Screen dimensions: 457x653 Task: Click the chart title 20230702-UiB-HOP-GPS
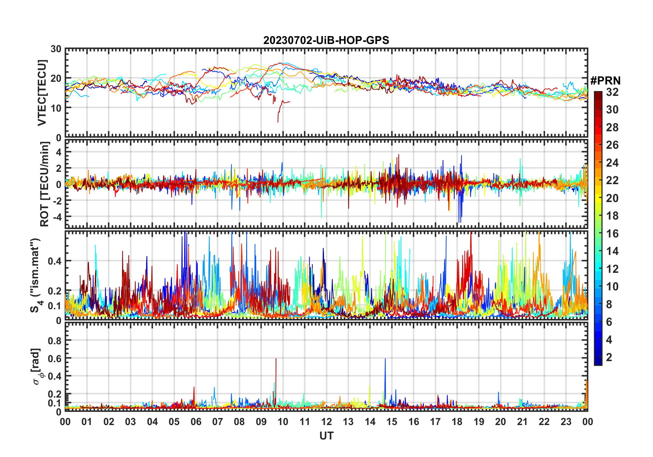coord(326,40)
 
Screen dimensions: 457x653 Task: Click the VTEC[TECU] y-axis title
coord(42,93)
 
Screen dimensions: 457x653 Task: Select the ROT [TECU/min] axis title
coord(44,184)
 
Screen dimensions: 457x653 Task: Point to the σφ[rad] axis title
coord(37,366)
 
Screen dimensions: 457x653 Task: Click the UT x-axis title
coord(326,436)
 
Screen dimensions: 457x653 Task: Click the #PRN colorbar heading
coord(605,81)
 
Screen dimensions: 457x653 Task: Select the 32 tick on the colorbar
coord(612,92)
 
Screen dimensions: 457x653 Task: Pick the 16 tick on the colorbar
coord(612,234)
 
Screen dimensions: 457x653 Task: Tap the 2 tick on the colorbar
coord(609,357)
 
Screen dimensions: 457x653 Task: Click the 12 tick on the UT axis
coord(326,422)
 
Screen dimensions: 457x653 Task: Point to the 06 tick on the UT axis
coord(196,422)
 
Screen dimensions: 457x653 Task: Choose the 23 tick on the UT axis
coord(566,422)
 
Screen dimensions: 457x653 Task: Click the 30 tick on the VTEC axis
coord(56,49)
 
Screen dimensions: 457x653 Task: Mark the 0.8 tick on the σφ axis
coord(55,341)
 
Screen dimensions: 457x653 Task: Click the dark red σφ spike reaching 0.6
coord(276,359)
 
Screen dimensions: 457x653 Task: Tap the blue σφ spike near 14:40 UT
coord(385,359)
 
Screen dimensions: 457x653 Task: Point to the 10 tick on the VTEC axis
coord(56,108)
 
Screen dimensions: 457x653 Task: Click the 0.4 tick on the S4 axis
coord(55,261)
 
